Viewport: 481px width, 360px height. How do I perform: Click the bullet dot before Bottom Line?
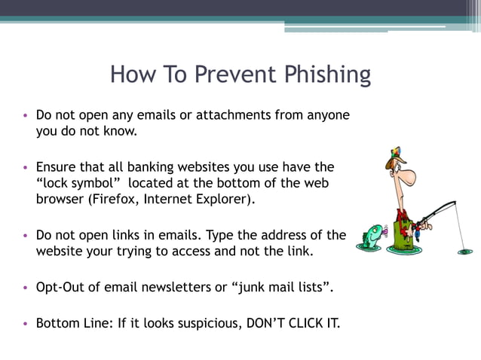tap(25, 325)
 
